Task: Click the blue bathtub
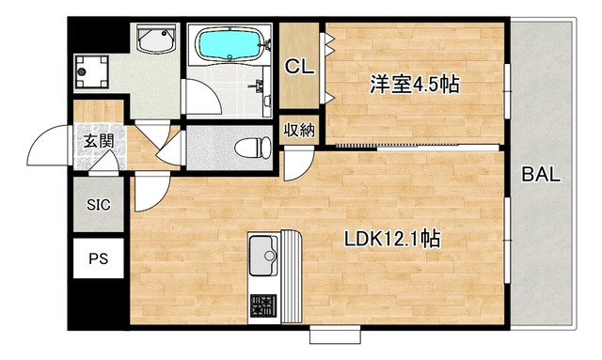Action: click(229, 43)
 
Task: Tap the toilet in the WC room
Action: click(250, 147)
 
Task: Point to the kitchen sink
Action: click(263, 253)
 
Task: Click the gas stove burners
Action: click(262, 306)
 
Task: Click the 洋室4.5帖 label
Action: click(414, 85)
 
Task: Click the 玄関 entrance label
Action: click(97, 141)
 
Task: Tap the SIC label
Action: click(98, 204)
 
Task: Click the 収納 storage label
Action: click(300, 130)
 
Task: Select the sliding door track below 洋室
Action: click(414, 146)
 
